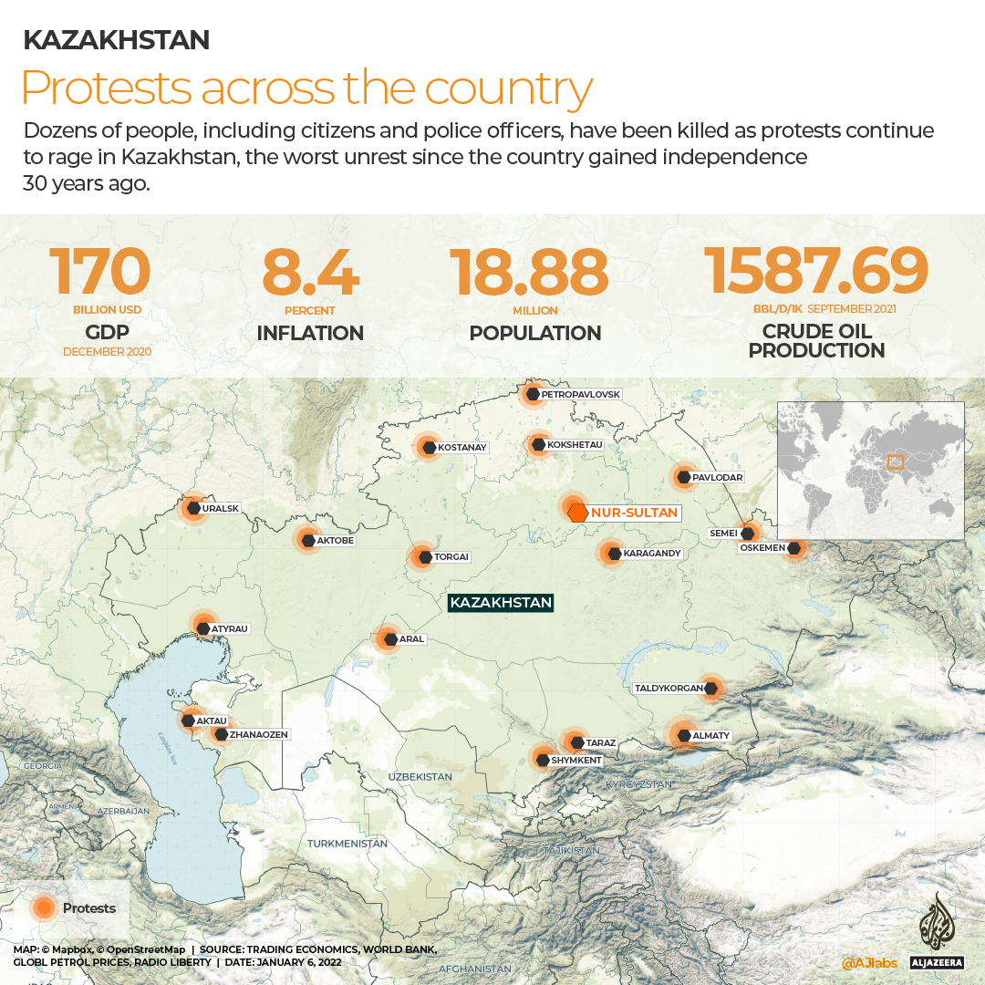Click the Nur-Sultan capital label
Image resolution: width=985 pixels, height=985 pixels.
tap(634, 513)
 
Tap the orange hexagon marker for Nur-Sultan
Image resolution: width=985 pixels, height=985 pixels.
tap(577, 513)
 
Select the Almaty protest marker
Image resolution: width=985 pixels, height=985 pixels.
tap(683, 735)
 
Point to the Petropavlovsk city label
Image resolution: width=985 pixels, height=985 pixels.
tap(580, 395)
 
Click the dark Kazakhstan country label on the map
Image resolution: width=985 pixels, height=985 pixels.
tap(501, 603)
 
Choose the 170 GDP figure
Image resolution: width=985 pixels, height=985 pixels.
tap(99, 271)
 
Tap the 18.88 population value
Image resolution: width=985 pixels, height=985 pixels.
tap(529, 271)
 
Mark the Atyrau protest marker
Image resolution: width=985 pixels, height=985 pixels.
tap(202, 627)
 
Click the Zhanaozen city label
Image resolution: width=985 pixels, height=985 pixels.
tap(259, 734)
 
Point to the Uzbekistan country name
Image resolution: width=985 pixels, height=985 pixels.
tap(420, 777)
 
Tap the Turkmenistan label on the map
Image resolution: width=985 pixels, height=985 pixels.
tap(347, 844)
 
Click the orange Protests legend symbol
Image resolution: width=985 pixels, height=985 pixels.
tap(43, 907)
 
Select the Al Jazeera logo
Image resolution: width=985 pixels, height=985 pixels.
tap(936, 935)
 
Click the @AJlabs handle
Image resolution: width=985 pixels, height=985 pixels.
tap(868, 963)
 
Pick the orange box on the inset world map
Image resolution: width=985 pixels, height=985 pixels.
tap(895, 462)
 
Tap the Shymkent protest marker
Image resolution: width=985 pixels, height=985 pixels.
tap(543, 759)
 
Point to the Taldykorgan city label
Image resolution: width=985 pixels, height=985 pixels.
tap(669, 689)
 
